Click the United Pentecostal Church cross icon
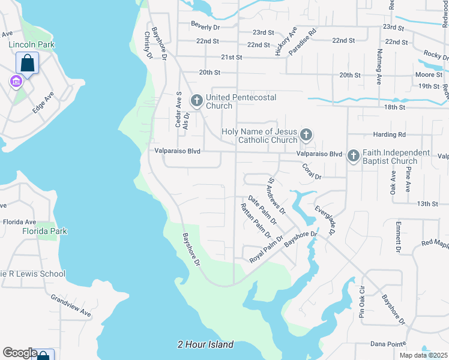pos(196,101)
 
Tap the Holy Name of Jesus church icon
pos(306,135)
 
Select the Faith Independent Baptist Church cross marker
pos(354,157)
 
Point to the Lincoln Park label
pos(31,44)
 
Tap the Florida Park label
pos(45,231)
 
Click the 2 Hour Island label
pos(205,345)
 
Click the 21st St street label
pos(231,58)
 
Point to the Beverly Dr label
pos(206,27)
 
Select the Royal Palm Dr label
pos(266,251)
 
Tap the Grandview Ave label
pos(71,305)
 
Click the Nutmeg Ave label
pos(379,67)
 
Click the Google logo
pos(19,353)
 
